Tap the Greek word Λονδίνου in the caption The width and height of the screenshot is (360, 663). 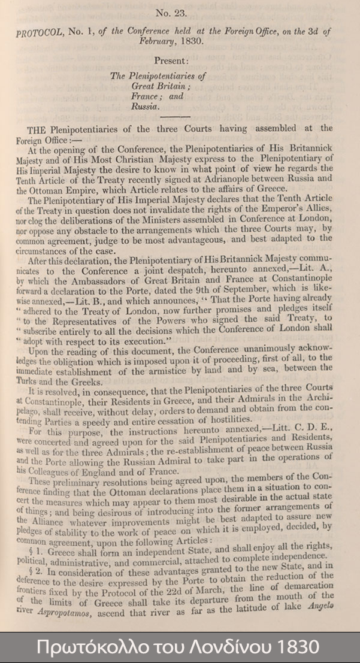(x=210, y=648)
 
